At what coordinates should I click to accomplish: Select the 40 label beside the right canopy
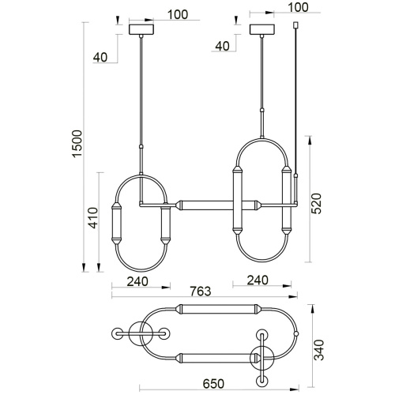click(222, 46)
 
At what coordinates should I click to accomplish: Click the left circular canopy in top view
click(143, 333)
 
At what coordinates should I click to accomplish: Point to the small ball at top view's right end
click(295, 333)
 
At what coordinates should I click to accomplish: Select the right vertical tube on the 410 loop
click(166, 225)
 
